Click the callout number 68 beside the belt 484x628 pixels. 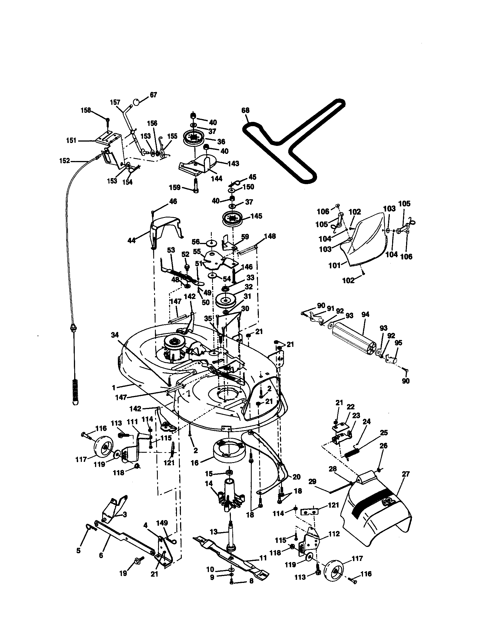(x=245, y=110)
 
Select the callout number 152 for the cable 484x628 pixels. (x=65, y=161)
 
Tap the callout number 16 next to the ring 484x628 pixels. (x=195, y=463)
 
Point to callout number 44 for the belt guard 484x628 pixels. (x=132, y=240)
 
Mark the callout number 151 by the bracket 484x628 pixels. (x=71, y=140)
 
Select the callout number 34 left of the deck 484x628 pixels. (x=114, y=335)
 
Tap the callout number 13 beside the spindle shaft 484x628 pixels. (x=214, y=532)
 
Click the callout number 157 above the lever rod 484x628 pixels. (x=115, y=102)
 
